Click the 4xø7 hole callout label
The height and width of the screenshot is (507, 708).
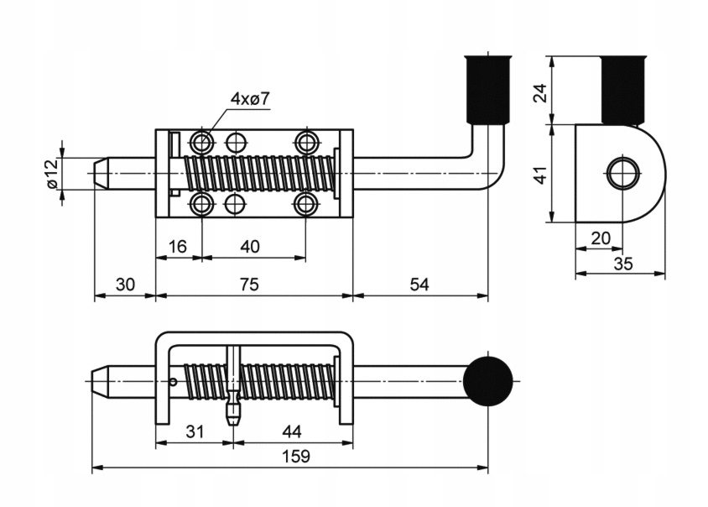pos(250,99)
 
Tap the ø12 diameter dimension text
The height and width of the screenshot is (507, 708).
pos(49,173)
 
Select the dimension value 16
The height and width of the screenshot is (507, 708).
pos(179,246)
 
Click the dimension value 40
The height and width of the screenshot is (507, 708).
pos(250,246)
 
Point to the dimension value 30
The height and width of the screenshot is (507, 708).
pos(125,285)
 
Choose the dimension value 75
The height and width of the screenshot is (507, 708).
pos(250,285)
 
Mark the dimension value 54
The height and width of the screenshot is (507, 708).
pos(419,285)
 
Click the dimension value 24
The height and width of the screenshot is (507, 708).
pos(541,91)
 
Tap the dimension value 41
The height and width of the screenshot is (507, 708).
pos(541,175)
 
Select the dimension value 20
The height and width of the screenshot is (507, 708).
pos(601,238)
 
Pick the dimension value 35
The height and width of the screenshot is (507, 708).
pos(622,264)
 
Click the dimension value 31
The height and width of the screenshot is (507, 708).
pos(195,431)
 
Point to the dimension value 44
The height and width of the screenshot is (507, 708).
pos(291,431)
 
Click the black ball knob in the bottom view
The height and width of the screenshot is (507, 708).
pos(488,381)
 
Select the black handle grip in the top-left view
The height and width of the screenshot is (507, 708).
pos(486,89)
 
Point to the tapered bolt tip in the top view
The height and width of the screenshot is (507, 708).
pos(102,174)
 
